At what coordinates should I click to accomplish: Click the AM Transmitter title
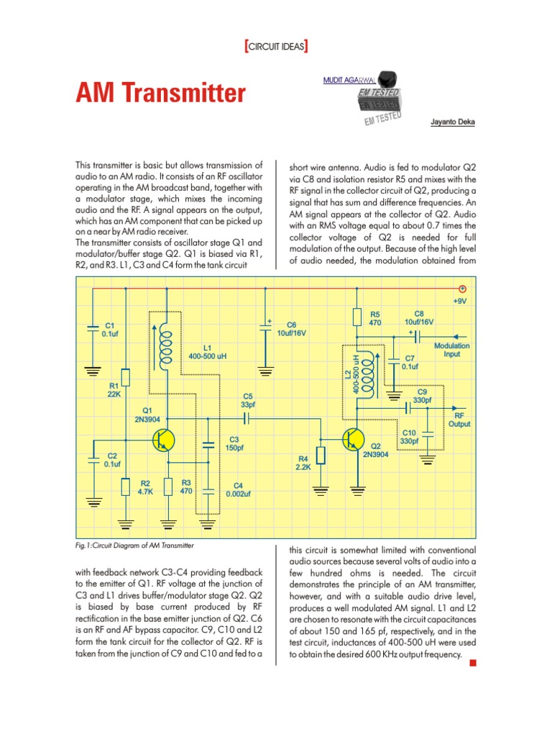coord(160,94)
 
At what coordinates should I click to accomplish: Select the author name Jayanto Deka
coord(452,122)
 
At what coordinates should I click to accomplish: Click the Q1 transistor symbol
coord(165,440)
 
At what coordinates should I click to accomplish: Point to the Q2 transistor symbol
coord(353,440)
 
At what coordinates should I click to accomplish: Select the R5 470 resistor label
coord(374,319)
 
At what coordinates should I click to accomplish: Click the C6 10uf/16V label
coord(292,329)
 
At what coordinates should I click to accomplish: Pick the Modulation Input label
coord(451,350)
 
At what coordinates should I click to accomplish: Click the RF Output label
coord(459,420)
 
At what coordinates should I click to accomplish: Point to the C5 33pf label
coord(248,400)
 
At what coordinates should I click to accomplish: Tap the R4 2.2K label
coord(302,462)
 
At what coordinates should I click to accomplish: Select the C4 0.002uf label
coord(237,489)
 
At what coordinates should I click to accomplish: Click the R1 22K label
coord(114,389)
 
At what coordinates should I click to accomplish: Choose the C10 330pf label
coord(409,436)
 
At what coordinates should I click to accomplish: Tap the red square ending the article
coord(472,663)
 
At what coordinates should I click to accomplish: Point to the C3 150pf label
coord(234,443)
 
